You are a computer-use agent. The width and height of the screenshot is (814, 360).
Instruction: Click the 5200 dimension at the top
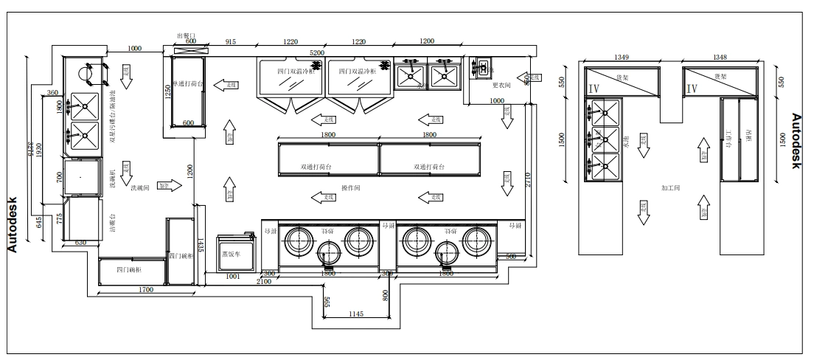pos(316,53)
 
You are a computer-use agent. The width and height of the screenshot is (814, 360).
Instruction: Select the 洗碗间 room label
pos(140,188)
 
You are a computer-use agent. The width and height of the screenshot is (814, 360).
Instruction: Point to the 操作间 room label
pos(350,189)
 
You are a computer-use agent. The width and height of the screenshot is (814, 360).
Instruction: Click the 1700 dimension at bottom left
pos(145,290)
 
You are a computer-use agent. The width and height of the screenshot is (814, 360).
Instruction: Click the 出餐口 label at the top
pos(186,35)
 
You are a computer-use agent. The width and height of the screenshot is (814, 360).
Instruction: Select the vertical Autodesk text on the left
pos(13,225)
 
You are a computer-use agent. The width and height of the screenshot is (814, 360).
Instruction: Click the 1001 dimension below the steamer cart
pos(232,276)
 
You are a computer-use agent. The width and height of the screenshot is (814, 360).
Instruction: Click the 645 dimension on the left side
pos(39,221)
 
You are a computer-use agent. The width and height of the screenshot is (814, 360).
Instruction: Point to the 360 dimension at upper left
pos(52,93)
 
